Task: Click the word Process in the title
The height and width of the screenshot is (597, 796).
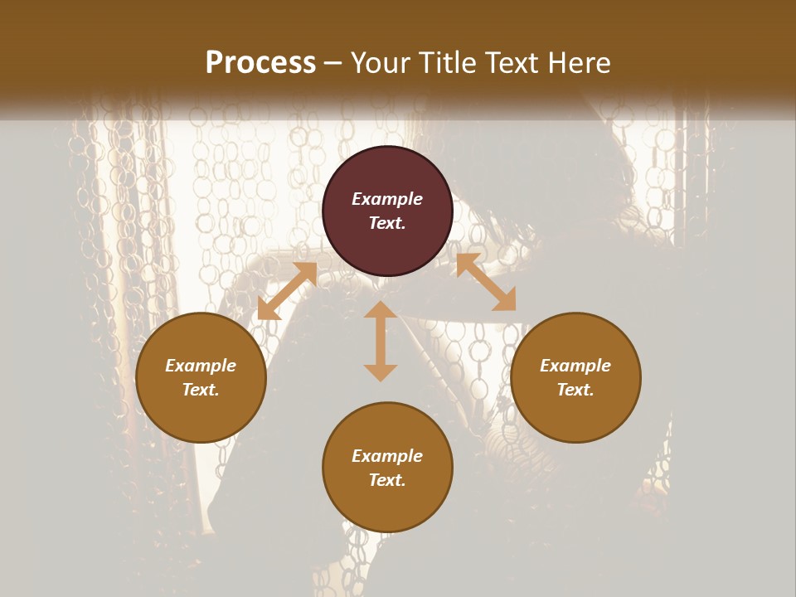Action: pyautogui.click(x=260, y=63)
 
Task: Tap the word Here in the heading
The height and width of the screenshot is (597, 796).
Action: pyautogui.click(x=576, y=63)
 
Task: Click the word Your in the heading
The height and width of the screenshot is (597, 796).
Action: pyautogui.click(x=380, y=63)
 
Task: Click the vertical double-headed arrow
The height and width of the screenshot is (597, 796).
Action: pyautogui.click(x=381, y=342)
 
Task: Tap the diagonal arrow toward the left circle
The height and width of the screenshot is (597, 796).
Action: pyautogui.click(x=287, y=291)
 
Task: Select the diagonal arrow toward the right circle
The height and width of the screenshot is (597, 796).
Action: pyautogui.click(x=486, y=283)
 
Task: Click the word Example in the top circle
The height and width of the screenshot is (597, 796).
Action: pyautogui.click(x=387, y=199)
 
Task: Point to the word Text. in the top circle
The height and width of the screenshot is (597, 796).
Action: pyautogui.click(x=387, y=223)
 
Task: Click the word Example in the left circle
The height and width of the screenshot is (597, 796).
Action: pyautogui.click(x=201, y=366)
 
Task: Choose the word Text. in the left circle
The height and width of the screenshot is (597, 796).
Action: pyautogui.click(x=201, y=390)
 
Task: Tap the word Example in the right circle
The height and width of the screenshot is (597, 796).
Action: pyautogui.click(x=575, y=366)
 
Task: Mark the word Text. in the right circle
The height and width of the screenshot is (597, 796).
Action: pyautogui.click(x=575, y=390)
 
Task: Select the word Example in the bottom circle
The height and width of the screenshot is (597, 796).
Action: pyautogui.click(x=387, y=456)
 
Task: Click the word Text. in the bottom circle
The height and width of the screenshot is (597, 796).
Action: pyautogui.click(x=387, y=480)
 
